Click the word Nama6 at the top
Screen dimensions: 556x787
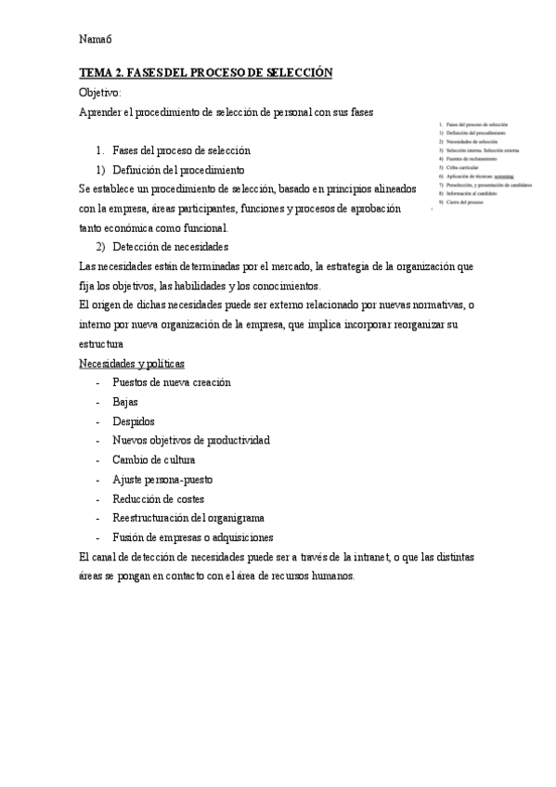click(96, 39)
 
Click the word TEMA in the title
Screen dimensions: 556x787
click(96, 73)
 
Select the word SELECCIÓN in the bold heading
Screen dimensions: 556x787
click(298, 73)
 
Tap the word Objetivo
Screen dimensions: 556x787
click(100, 93)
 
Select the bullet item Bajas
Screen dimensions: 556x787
click(125, 402)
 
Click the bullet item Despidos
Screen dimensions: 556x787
click(134, 421)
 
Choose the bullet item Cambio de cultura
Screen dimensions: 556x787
click(153, 460)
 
